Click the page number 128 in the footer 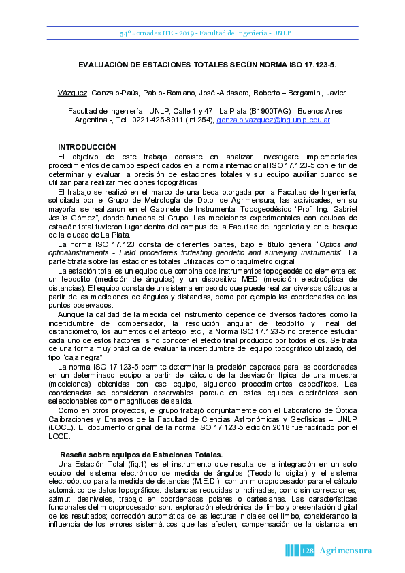click(x=306, y=550)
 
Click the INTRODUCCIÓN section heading click(x=87, y=148)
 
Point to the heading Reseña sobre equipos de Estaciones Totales click(x=142, y=454)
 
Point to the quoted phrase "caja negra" click(x=84, y=357)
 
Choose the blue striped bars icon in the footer click(x=291, y=550)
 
